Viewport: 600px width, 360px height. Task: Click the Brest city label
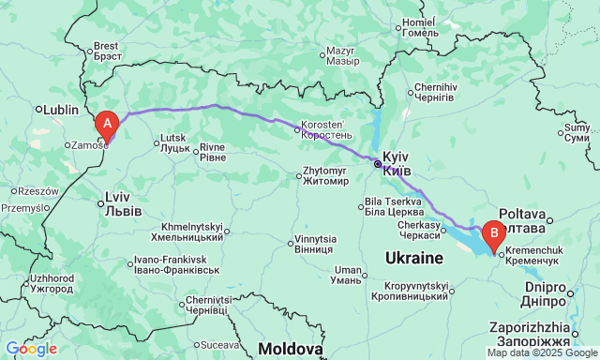coord(106,51)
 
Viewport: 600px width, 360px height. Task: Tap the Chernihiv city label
coord(436,93)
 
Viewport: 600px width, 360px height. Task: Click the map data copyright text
coord(541,353)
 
